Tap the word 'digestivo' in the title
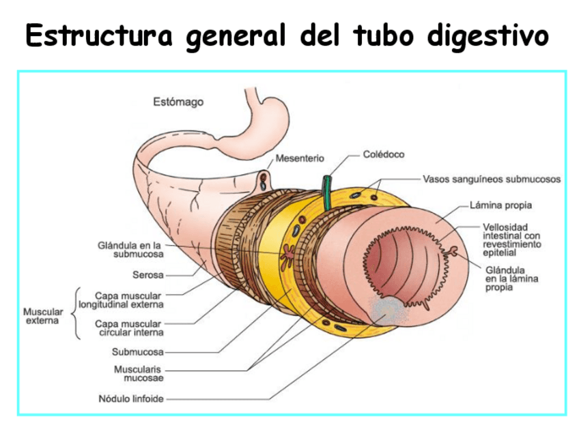[488, 35]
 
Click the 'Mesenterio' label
[300, 159]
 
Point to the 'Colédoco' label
[383, 155]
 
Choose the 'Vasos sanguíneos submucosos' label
[492, 179]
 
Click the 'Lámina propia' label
[501, 205]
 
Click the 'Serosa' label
[148, 276]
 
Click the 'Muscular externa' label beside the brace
[42, 316]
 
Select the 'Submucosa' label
[138, 352]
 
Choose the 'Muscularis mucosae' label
[139, 373]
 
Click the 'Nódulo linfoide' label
[131, 399]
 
